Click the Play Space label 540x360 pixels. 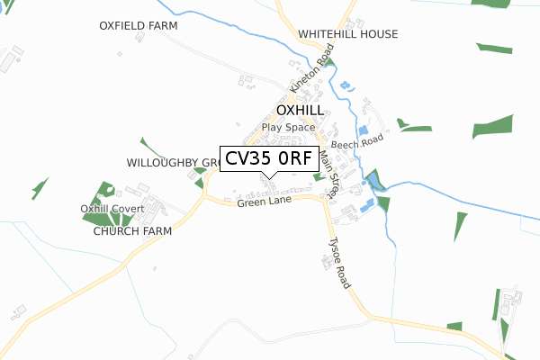click(288, 128)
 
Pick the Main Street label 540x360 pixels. click(328, 174)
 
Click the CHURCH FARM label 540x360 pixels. click(131, 230)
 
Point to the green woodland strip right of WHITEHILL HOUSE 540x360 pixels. click(493, 47)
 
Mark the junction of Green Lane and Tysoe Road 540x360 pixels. click(323, 200)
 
